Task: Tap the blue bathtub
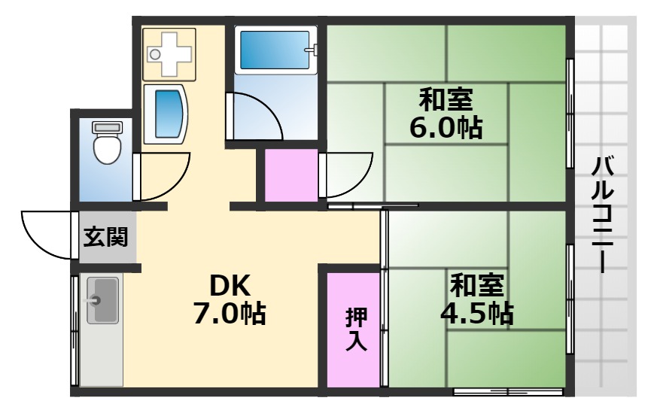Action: [274, 50]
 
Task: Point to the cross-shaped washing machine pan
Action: [169, 53]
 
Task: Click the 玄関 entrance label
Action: [105, 238]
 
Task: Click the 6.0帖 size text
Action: [446, 127]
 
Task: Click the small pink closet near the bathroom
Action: [291, 175]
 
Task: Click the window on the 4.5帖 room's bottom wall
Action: [508, 391]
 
